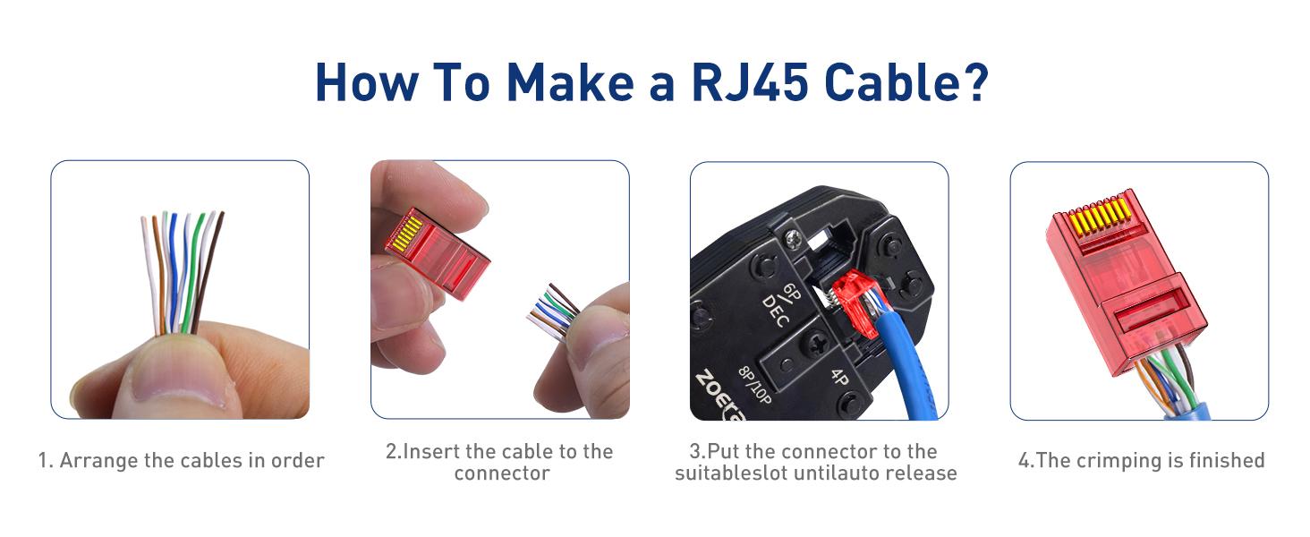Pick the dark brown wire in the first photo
tap(211, 268)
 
